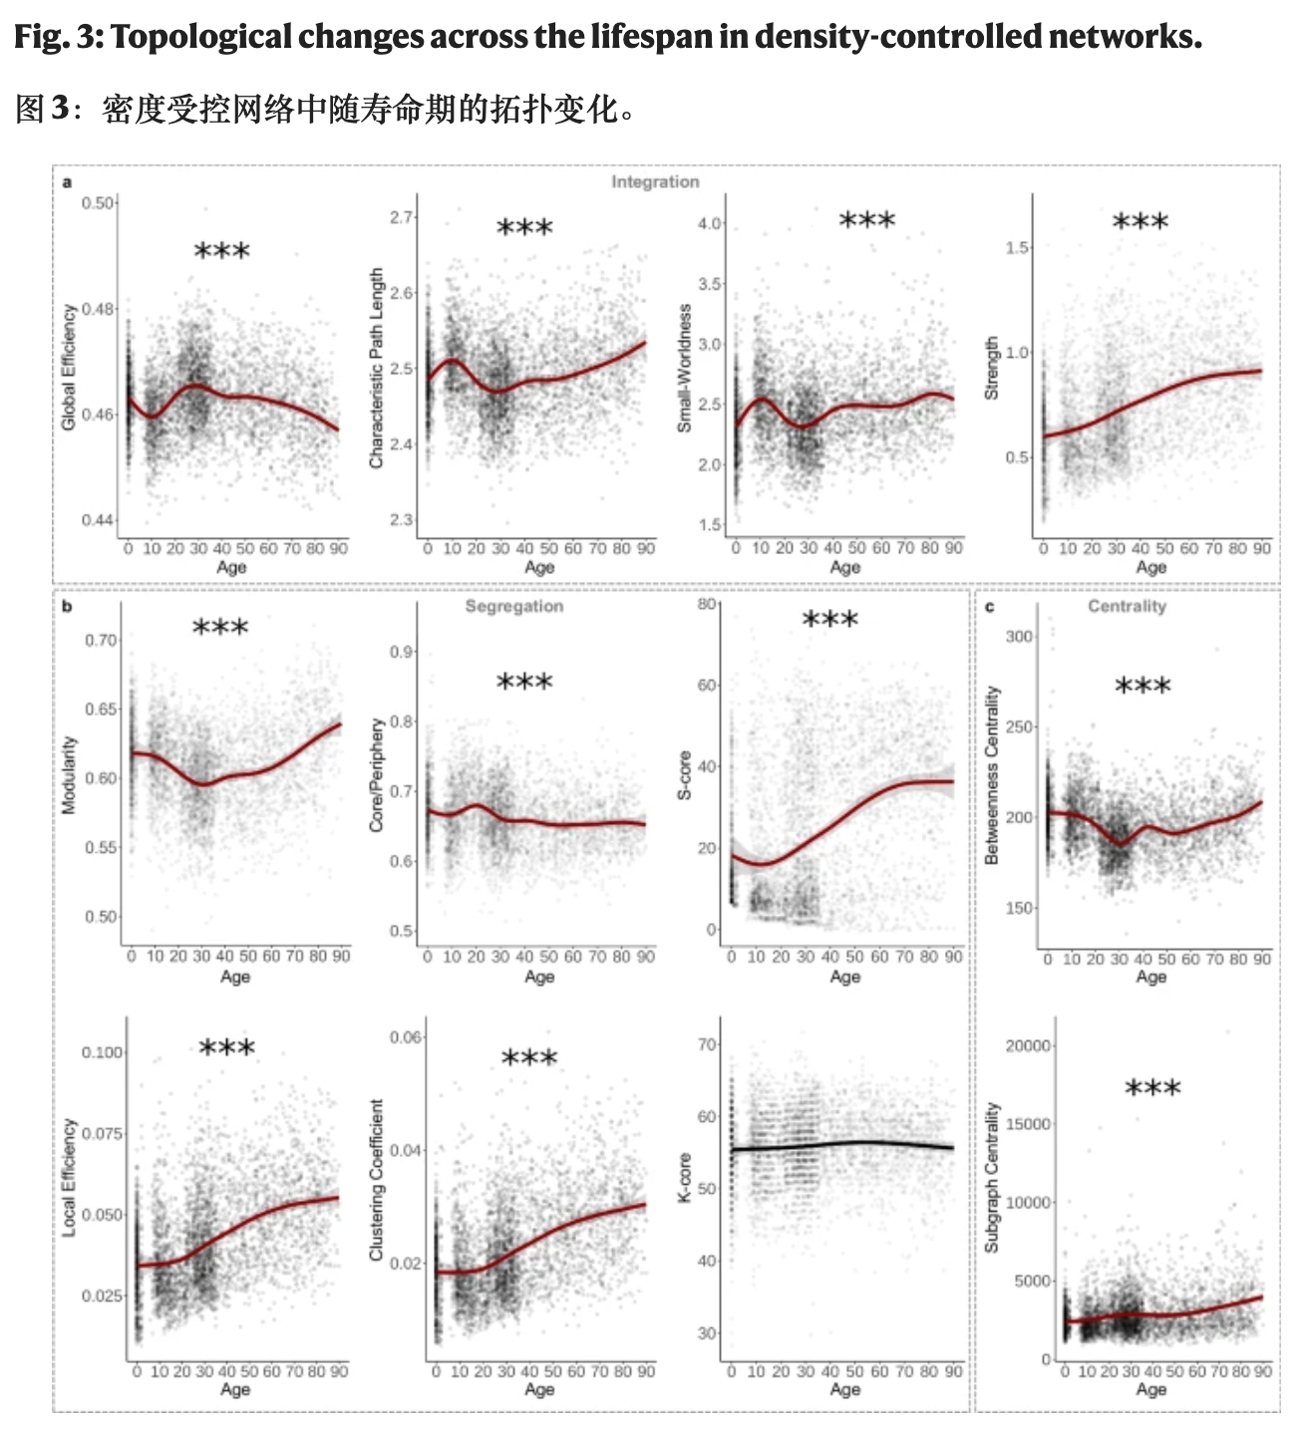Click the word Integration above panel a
point(655,181)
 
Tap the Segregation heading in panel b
point(513,606)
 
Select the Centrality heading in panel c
point(1127,606)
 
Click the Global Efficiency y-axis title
point(69,367)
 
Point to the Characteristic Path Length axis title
point(376,367)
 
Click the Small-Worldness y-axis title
point(684,368)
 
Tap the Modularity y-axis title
point(69,775)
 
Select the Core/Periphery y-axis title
point(376,775)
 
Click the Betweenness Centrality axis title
point(992,774)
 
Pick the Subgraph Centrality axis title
point(992,1177)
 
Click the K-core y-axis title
point(684,1178)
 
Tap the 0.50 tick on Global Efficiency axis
point(98,203)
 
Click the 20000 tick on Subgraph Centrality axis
point(1028,1045)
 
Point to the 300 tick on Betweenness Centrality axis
point(1020,637)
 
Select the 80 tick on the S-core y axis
point(707,604)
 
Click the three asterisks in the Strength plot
point(1140,222)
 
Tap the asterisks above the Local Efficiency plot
point(227,1048)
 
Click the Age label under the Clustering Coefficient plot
point(539,1389)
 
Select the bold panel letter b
point(67,606)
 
